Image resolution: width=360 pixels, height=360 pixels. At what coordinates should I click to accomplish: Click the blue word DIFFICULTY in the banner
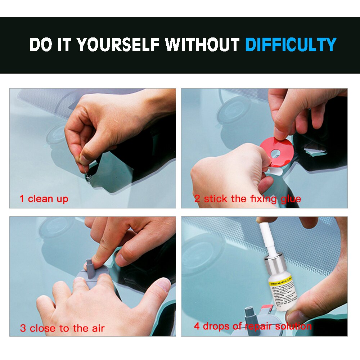coord(291,45)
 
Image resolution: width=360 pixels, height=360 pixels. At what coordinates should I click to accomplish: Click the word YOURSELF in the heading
coord(118,45)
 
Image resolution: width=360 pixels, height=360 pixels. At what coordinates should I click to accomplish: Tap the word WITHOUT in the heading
coord(202,45)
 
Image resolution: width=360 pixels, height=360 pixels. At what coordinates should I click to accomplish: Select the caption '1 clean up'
coord(44,199)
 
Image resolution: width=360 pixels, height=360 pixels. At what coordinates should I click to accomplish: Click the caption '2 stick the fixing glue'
coord(248,199)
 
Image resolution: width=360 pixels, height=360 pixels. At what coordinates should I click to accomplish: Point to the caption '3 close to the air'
coord(62,328)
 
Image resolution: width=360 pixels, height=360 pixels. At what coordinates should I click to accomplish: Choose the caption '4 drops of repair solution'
coord(253,327)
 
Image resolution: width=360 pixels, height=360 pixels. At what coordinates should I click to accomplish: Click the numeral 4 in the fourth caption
coord(197,327)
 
